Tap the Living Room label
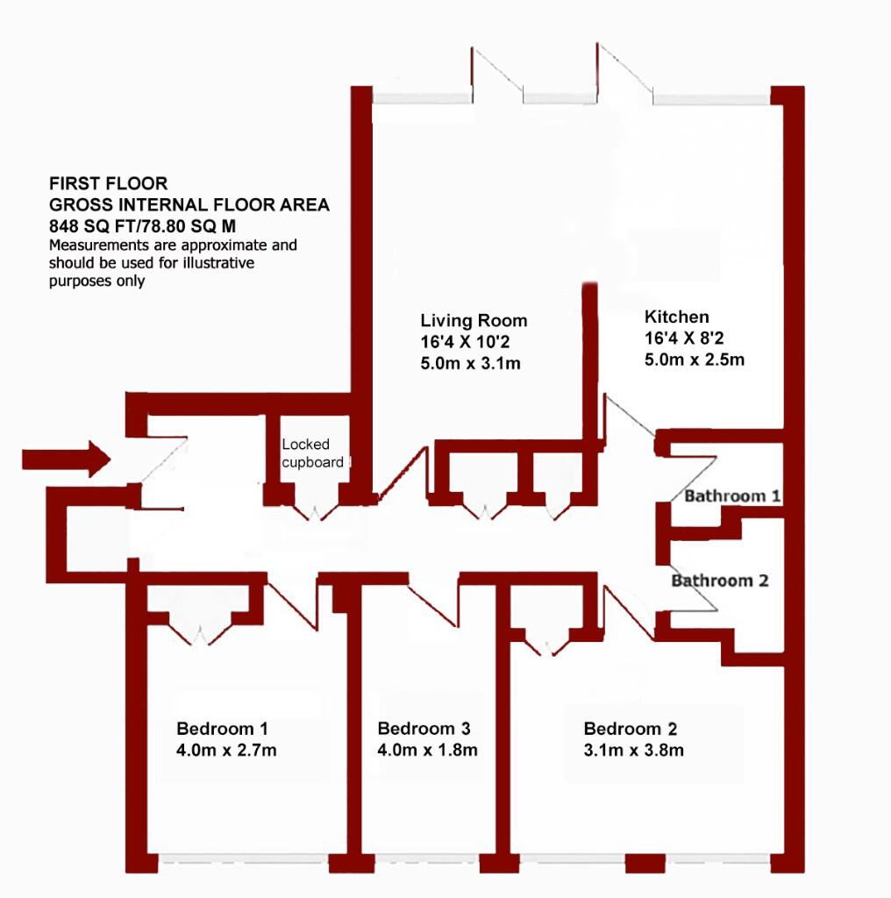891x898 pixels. click(x=474, y=320)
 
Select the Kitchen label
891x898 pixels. click(x=677, y=317)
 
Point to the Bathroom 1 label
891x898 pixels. click(x=732, y=496)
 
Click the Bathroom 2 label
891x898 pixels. click(x=719, y=581)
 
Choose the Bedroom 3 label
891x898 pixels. click(x=424, y=729)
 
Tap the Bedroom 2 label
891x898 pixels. click(x=631, y=729)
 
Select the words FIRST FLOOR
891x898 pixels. click(x=108, y=184)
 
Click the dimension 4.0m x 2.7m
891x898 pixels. click(x=227, y=751)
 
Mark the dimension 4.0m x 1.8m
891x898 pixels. click(x=427, y=751)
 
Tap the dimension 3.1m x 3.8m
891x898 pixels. click(x=634, y=751)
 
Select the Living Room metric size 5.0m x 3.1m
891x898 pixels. click(x=471, y=362)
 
